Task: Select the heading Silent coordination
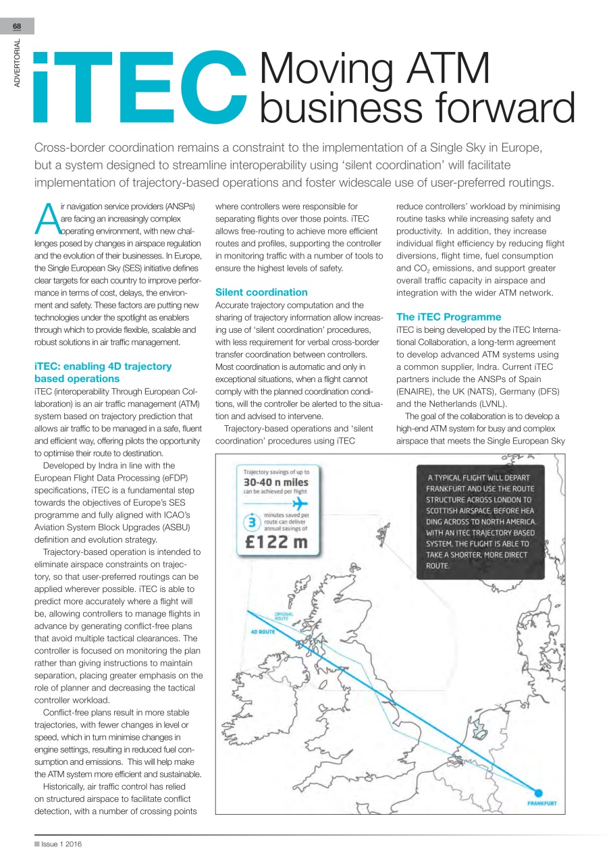click(x=261, y=292)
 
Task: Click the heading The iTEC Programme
click(x=448, y=317)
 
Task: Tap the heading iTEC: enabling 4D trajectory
click(x=103, y=366)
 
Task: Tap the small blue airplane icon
click(x=299, y=504)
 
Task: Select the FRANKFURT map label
click(x=541, y=803)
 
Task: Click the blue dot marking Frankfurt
click(x=539, y=793)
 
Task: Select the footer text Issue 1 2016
click(x=61, y=844)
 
